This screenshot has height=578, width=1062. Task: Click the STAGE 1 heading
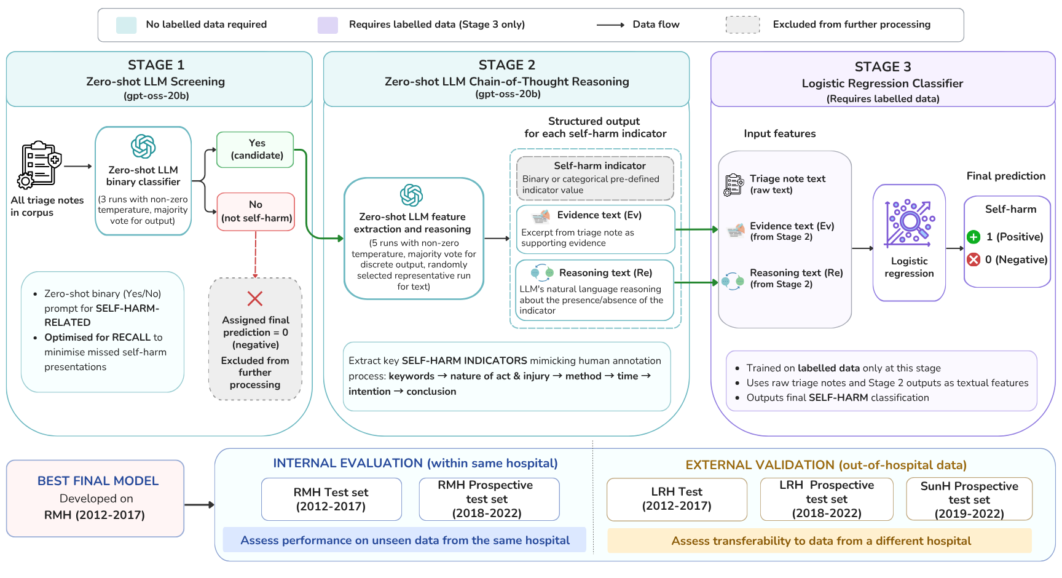[x=156, y=65]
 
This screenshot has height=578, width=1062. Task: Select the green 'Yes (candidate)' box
[x=255, y=149]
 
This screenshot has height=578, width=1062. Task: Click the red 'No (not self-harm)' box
[x=256, y=212]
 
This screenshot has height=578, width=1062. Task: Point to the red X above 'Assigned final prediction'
[x=255, y=299]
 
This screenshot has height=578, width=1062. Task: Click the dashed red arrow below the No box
[x=256, y=255]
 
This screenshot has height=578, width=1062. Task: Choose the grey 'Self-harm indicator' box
[x=595, y=178]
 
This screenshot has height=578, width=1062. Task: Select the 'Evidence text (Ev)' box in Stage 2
[x=595, y=229]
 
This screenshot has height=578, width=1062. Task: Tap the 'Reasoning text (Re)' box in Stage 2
[x=594, y=290]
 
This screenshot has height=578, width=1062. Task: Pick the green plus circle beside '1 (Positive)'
[x=974, y=237]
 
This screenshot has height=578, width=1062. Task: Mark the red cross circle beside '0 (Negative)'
[x=974, y=259]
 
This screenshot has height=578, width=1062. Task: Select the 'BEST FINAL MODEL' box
[x=95, y=499]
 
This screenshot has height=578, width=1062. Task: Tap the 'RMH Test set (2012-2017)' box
[x=331, y=499]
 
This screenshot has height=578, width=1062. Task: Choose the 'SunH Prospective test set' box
[x=969, y=499]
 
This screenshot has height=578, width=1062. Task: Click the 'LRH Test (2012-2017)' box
[x=677, y=499]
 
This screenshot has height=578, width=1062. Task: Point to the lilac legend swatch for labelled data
[x=328, y=25]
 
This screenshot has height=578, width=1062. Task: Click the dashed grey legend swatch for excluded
[x=743, y=25]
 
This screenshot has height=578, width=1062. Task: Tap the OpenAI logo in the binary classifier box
[x=143, y=147]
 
